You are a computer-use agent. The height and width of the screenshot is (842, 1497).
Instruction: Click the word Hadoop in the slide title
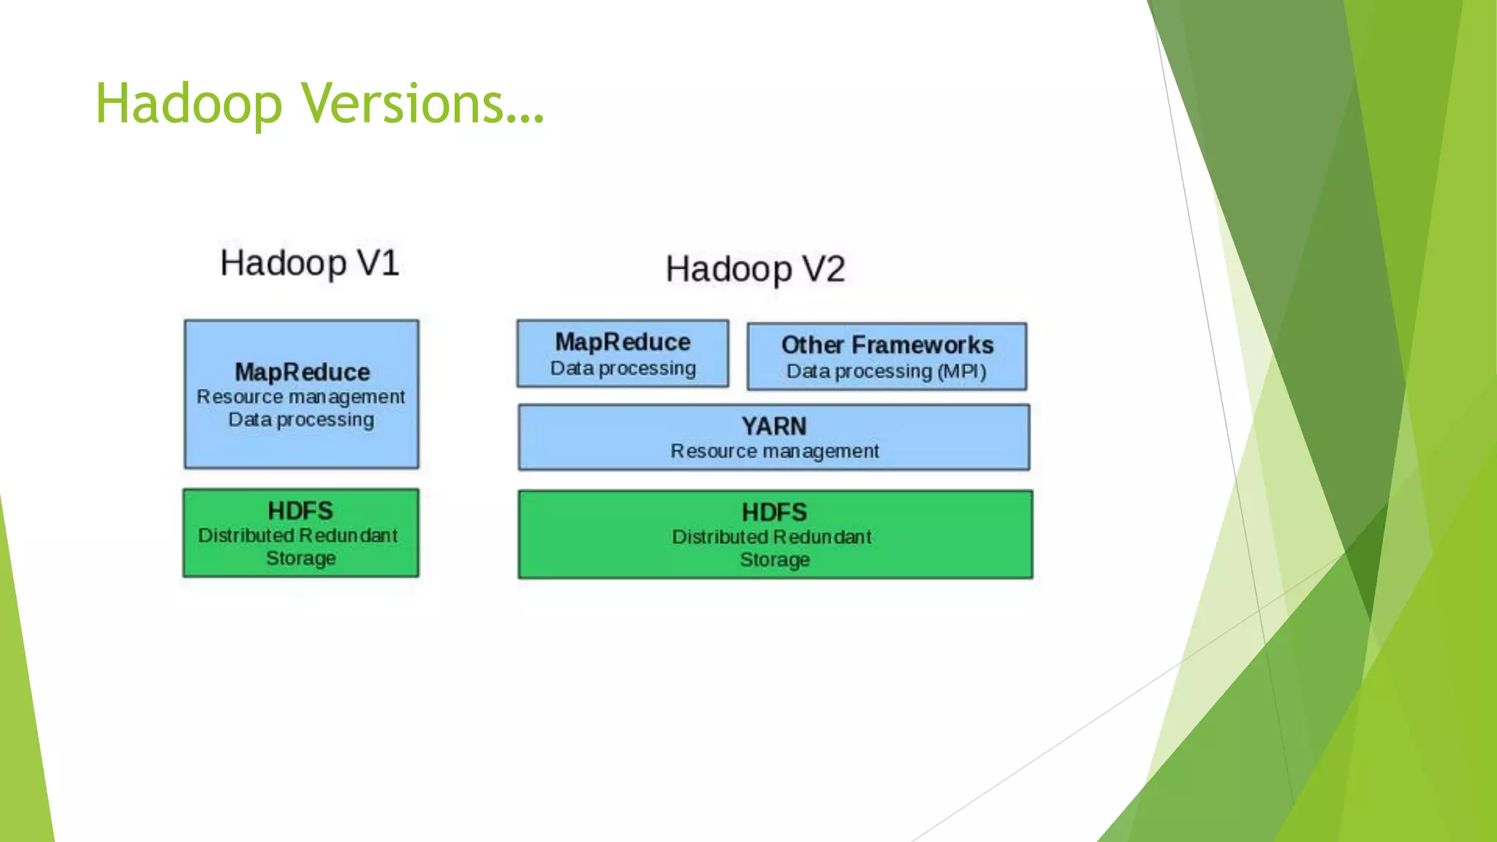pos(189,104)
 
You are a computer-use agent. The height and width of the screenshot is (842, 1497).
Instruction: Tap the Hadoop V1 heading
pos(309,263)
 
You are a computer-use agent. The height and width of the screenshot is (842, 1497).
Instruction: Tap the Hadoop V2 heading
pos(754,269)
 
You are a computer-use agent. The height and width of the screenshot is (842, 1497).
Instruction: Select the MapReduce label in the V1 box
pos(302,372)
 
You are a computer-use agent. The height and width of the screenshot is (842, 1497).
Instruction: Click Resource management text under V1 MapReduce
pos(300,397)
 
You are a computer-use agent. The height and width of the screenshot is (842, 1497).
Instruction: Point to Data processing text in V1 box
pos(300,420)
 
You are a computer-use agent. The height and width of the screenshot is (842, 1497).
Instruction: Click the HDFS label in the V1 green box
pos(300,510)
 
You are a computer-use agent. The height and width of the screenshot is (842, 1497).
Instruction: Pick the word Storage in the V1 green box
pos(300,558)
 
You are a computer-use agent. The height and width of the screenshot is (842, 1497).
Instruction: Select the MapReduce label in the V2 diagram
pos(622,342)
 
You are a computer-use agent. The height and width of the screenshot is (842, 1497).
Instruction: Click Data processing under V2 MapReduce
pos(622,368)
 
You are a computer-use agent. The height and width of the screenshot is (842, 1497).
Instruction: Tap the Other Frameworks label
pos(887,345)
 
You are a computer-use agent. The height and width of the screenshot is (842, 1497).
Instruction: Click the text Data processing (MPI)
pos(886,371)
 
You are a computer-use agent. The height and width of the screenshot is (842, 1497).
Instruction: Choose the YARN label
pos(773,426)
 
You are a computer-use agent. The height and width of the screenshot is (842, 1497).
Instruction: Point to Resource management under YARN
pos(774,451)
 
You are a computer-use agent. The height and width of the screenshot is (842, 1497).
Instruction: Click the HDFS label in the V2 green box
pos(774,512)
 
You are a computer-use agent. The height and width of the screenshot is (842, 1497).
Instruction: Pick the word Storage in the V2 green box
pos(774,560)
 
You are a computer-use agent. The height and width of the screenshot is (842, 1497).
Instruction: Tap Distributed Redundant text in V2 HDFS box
pos(771,537)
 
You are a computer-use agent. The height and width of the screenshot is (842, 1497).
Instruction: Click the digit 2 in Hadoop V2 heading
pos(834,269)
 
